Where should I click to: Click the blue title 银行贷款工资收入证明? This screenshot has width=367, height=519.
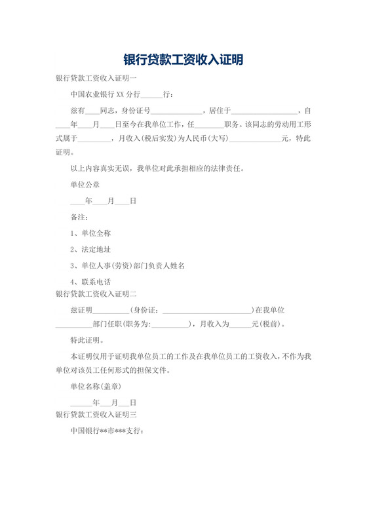(183, 60)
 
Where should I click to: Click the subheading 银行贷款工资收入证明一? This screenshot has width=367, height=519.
(96, 78)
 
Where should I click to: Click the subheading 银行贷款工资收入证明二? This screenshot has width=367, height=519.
(96, 294)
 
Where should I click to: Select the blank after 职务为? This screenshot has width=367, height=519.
(170, 324)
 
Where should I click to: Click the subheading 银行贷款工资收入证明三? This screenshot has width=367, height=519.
(96, 415)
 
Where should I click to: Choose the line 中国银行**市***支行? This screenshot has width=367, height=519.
(107, 431)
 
